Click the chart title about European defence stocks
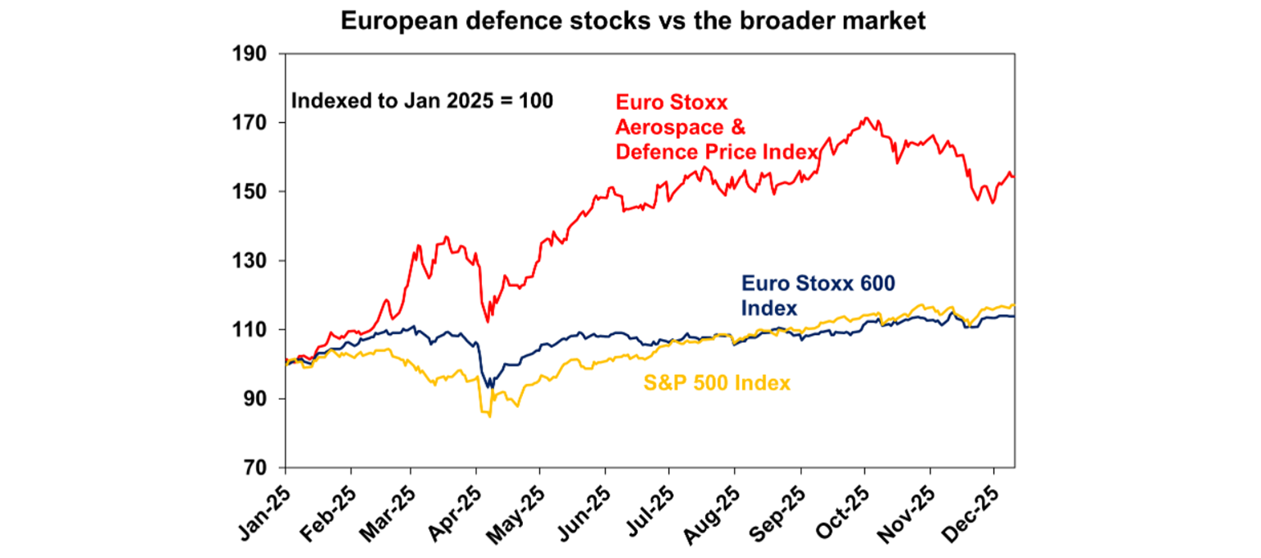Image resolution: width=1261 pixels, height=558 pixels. pyautogui.click(x=633, y=21)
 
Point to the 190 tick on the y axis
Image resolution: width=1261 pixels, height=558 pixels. pyautogui.click(x=254, y=53)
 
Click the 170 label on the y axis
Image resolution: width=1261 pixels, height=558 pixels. pyautogui.click(x=254, y=123)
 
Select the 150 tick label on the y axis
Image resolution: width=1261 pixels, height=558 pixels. pyautogui.click(x=254, y=192)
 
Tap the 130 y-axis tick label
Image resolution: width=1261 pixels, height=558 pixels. pyautogui.click(x=254, y=261)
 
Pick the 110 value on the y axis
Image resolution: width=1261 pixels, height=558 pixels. pyautogui.click(x=254, y=330)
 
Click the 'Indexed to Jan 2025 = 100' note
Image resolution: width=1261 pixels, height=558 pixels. pyautogui.click(x=422, y=102)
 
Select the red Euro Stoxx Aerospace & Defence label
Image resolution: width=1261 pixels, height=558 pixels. pyautogui.click(x=716, y=127)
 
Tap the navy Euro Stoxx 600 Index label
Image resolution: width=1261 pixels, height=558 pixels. pyautogui.click(x=817, y=295)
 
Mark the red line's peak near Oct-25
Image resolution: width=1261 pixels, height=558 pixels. pyautogui.click(x=866, y=118)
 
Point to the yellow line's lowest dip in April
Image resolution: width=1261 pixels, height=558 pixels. pyautogui.click(x=490, y=417)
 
